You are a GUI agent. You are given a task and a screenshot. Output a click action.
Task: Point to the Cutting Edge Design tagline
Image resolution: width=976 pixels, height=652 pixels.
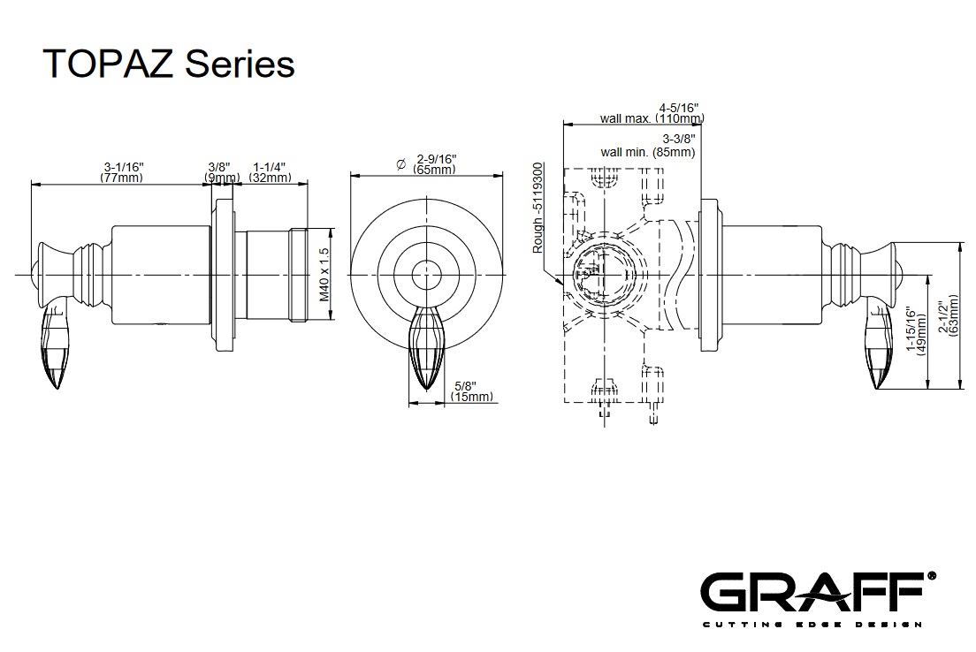tap(812, 625)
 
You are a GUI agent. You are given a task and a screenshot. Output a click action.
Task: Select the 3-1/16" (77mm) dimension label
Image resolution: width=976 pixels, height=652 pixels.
tap(122, 172)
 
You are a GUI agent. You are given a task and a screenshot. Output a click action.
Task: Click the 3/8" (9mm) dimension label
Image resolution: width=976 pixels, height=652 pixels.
tap(220, 172)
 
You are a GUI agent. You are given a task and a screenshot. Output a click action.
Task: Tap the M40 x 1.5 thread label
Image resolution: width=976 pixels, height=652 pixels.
tap(324, 275)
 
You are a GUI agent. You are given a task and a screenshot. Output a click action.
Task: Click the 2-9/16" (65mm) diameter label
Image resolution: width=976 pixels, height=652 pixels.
tap(433, 163)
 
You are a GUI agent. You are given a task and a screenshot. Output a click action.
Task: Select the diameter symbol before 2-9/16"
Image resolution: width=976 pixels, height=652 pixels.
tap(400, 163)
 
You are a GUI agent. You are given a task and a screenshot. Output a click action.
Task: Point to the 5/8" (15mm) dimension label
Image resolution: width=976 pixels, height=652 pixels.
tap(471, 391)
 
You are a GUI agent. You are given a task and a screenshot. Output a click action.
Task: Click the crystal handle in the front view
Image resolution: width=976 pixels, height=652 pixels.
tap(427, 346)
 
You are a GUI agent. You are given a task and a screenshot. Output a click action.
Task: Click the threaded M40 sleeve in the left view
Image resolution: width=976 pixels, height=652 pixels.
tap(273, 275)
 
